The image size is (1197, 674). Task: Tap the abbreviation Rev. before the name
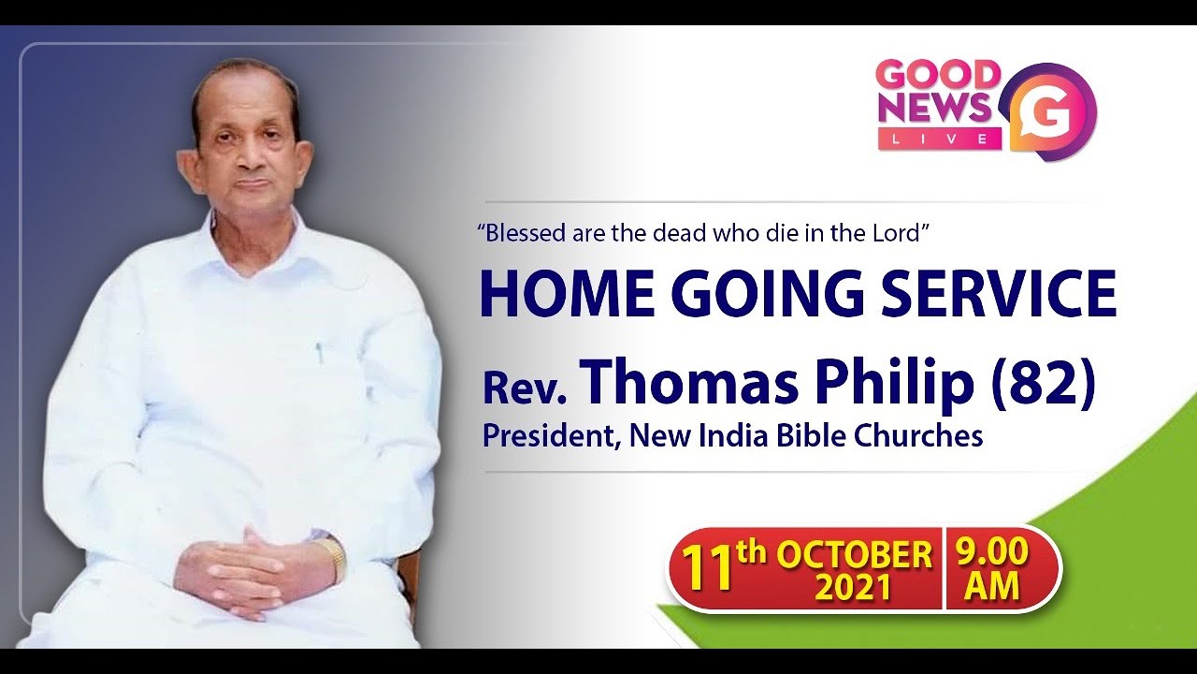point(525,388)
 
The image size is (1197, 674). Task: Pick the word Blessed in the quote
point(520,233)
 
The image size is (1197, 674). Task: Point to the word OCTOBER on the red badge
point(854,555)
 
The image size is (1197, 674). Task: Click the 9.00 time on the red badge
point(991,553)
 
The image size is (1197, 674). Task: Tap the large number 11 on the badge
point(707,570)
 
